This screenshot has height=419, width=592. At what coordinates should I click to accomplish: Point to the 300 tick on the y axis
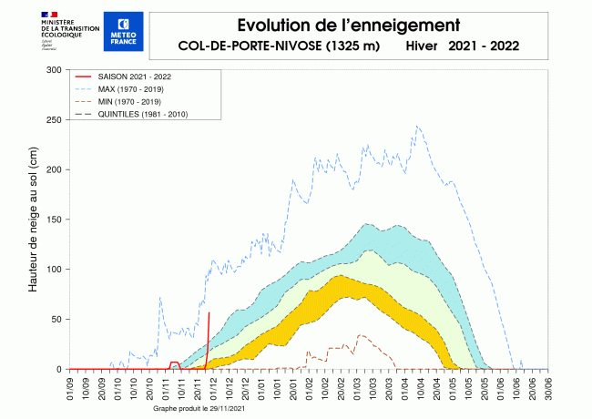54,70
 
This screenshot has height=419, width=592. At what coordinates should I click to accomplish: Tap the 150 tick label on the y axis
54,220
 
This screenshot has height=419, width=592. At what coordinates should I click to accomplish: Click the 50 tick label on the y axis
56,319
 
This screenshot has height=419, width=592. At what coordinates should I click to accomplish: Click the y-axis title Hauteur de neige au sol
34,220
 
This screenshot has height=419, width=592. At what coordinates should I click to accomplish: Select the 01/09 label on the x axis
72,386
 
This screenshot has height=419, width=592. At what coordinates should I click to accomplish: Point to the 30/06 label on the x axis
546,386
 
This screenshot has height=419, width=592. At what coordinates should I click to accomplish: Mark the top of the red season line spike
209,312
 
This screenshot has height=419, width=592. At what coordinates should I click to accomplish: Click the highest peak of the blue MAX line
417,126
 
